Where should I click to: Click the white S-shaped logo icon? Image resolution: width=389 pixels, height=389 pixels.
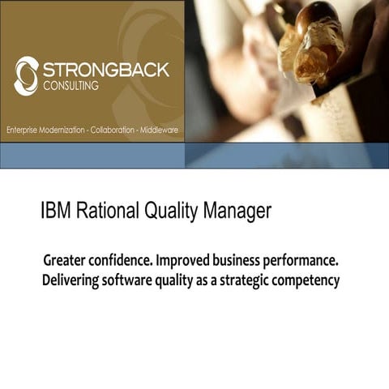coord(26,75)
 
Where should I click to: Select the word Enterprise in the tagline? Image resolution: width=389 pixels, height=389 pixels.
coord(24,130)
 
